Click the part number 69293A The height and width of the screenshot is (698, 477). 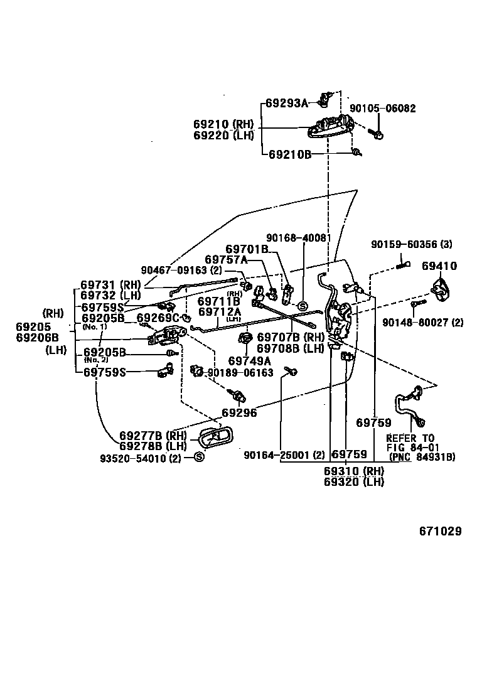[286, 103]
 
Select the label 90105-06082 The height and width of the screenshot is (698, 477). [382, 109]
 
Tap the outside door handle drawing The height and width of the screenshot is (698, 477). [330, 127]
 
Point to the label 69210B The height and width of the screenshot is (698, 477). [290, 154]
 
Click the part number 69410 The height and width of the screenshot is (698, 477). [439, 266]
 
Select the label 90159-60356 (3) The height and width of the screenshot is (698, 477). [411, 244]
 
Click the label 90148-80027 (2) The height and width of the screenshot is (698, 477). [422, 323]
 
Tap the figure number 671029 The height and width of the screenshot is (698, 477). [441, 531]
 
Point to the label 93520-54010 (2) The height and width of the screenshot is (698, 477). [141, 458]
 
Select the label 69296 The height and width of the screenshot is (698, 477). [239, 414]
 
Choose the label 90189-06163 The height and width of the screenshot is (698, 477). [240, 372]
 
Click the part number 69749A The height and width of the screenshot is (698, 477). [249, 360]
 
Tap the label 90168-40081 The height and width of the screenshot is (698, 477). [297, 238]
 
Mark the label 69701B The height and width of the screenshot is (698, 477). [247, 249]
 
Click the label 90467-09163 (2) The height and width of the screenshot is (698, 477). [181, 271]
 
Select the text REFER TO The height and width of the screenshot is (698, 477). [410, 438]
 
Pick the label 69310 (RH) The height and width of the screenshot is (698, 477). [354, 471]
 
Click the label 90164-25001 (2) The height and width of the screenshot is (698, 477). [284, 454]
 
